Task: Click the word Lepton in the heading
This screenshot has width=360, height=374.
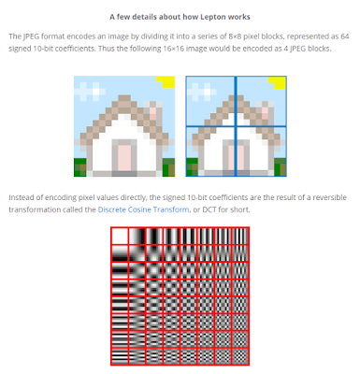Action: (x=212, y=17)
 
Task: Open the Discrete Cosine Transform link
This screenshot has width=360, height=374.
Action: (x=143, y=209)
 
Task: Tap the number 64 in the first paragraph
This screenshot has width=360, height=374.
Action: (x=344, y=36)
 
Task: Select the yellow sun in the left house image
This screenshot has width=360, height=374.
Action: (x=166, y=82)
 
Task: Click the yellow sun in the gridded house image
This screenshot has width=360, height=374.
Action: (x=278, y=82)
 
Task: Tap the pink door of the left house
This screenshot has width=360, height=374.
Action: (x=124, y=158)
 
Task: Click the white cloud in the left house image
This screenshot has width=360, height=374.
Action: (x=90, y=91)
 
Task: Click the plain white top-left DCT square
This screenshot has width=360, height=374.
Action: (x=120, y=237)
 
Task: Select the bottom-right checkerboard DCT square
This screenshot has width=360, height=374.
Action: (x=240, y=356)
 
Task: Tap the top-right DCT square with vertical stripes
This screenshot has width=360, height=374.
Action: (x=240, y=237)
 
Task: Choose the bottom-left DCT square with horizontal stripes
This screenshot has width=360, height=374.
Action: (x=120, y=356)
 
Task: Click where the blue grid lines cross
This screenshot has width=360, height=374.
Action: (x=236, y=126)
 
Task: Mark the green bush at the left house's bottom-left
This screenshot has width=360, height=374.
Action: (x=80, y=167)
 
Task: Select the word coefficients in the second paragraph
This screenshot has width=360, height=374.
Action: (x=227, y=197)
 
